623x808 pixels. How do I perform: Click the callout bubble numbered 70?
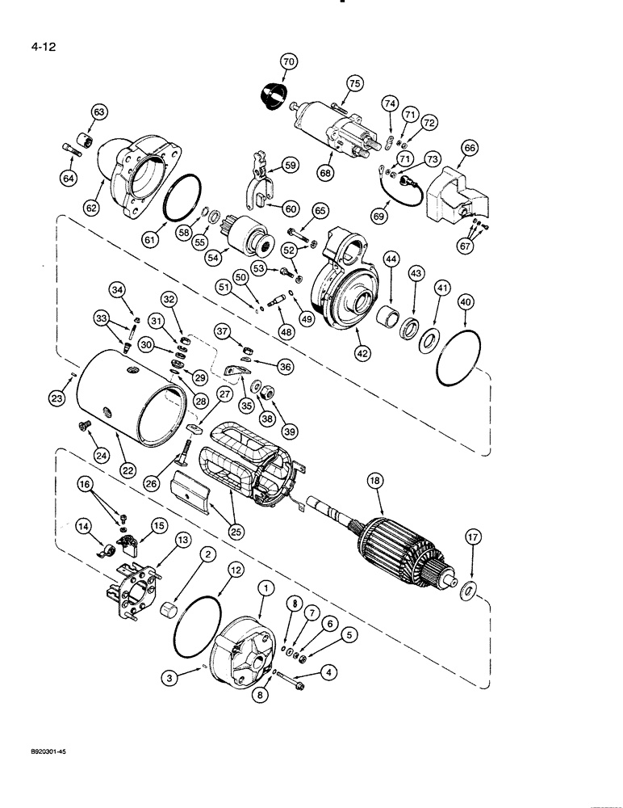coord(289,61)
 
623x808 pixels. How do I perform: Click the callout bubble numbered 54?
coord(213,257)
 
